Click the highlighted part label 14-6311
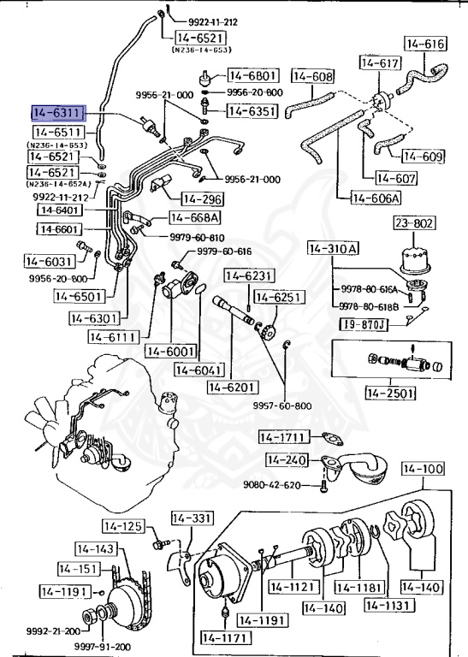[59, 113]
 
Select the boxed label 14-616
[425, 44]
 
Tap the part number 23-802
[414, 222]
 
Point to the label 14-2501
[391, 393]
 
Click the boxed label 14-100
[424, 469]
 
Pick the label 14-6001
[171, 351]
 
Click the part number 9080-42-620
[272, 485]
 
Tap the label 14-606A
[376, 198]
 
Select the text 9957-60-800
[282, 405]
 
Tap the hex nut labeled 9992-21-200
[89, 616]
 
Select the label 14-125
[123, 526]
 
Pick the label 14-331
[193, 518]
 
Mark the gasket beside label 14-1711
[333, 440]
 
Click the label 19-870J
[364, 324]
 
